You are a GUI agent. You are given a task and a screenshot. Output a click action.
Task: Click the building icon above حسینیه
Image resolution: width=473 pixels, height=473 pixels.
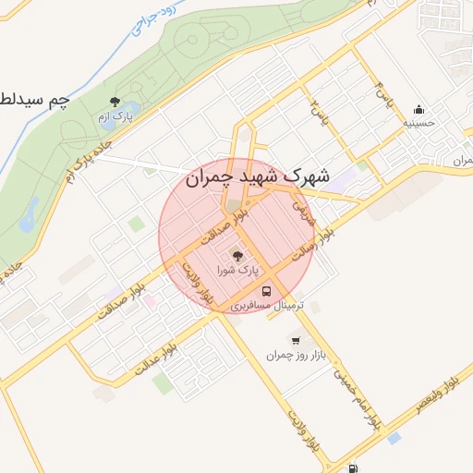[418, 108]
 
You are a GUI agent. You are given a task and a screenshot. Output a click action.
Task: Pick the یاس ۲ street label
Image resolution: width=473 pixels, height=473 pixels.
[319, 113]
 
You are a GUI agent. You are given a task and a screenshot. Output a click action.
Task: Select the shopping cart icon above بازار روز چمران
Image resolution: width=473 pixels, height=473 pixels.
[296, 340]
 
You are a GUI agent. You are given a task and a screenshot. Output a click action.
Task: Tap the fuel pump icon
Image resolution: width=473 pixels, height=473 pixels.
[355, 467]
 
